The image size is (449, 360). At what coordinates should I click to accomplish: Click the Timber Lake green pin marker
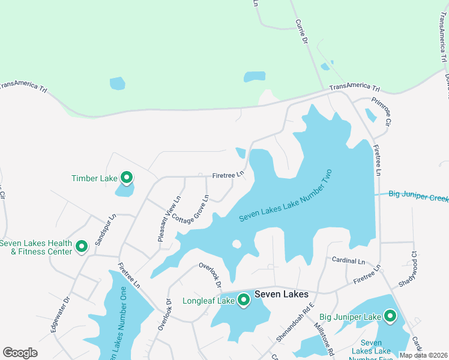[x=127, y=177]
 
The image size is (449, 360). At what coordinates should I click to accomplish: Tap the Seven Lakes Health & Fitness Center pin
[x=82, y=245]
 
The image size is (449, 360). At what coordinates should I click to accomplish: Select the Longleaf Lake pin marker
[x=244, y=299]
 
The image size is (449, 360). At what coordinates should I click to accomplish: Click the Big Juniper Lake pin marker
[x=390, y=316]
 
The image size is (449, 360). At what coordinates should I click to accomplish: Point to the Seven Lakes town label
[x=281, y=295]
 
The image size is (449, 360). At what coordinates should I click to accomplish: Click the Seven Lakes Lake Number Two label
[x=285, y=196]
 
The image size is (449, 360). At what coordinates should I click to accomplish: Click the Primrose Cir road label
[x=381, y=112]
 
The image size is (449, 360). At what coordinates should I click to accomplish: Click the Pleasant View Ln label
[x=169, y=219]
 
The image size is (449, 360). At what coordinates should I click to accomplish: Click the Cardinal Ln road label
[x=348, y=261]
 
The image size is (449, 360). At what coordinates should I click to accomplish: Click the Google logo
[x=20, y=353]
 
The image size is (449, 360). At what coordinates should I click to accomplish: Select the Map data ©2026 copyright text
[x=423, y=355]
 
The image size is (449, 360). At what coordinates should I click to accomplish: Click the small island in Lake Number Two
[x=237, y=244]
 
